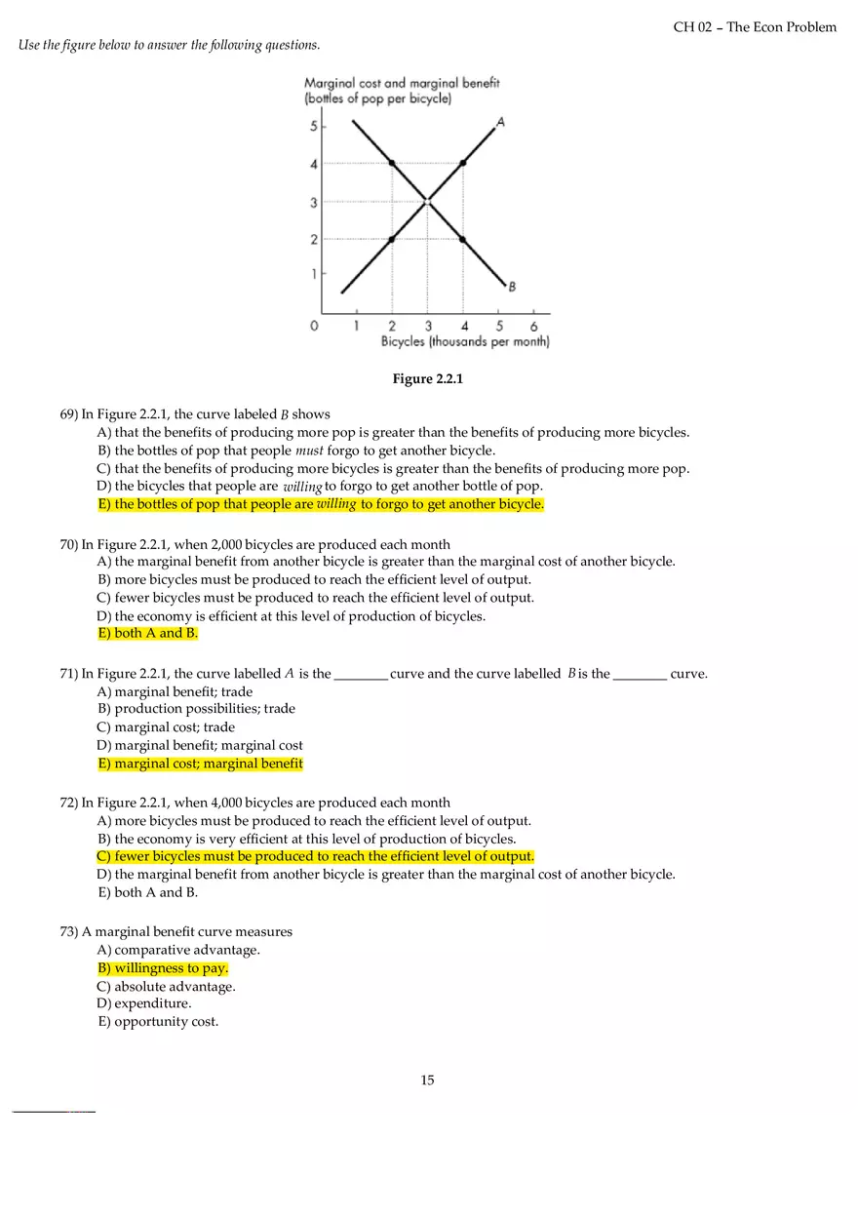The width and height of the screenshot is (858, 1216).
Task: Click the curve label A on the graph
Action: coord(500,122)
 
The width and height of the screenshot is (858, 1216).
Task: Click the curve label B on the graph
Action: coord(512,287)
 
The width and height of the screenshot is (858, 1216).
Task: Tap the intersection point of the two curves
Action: coord(427,202)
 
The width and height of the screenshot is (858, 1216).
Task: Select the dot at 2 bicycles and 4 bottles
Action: coord(392,163)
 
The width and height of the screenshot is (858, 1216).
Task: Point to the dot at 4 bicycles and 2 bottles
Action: coord(463,239)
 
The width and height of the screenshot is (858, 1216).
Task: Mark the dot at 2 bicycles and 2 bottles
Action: coord(392,239)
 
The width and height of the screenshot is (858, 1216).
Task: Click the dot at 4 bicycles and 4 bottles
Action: coord(463,163)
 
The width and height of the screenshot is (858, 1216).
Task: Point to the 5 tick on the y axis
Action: coord(314,127)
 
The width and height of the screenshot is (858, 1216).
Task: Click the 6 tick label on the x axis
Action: coord(533,327)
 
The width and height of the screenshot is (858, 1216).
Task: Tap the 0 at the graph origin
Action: coord(314,327)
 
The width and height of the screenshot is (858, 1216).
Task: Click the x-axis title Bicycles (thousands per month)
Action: coord(465,342)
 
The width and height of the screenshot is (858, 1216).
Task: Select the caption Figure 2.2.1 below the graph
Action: coord(427,378)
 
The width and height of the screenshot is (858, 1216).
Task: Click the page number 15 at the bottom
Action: coord(427,1079)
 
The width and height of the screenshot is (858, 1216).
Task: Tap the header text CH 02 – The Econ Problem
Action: coord(755,27)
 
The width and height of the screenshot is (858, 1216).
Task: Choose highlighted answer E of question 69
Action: coord(321,504)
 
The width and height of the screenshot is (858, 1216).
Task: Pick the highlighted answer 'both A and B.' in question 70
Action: coord(148,633)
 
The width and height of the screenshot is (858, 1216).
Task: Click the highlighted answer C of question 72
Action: coord(316,856)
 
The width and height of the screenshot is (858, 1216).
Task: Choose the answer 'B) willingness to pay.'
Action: coord(163,968)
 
